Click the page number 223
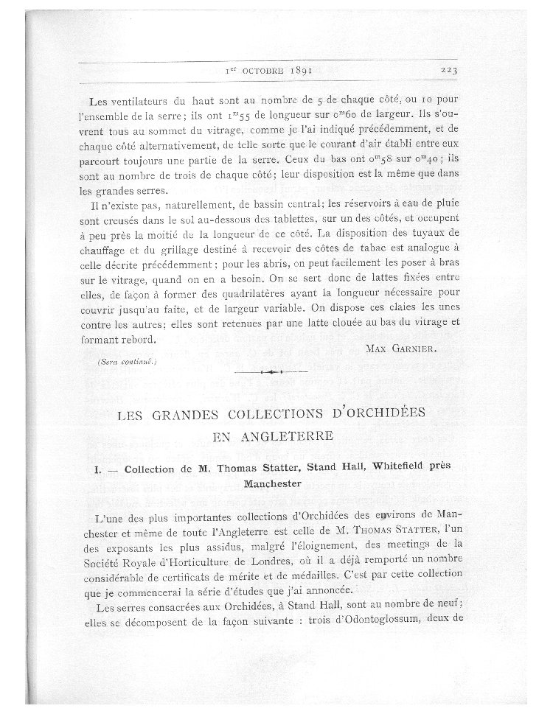coord(449,71)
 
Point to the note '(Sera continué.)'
coord(126,363)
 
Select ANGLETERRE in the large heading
coord(274,436)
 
